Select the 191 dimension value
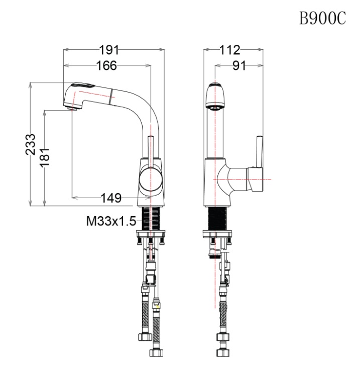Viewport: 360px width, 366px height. (109, 49)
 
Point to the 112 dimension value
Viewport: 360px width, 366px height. (230, 49)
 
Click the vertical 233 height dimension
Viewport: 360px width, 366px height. (31, 145)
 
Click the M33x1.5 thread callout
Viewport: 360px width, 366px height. (110, 220)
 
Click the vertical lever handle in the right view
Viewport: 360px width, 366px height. (260, 151)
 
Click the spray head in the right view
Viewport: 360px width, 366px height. (215, 96)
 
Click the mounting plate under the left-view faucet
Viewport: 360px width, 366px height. (150, 234)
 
